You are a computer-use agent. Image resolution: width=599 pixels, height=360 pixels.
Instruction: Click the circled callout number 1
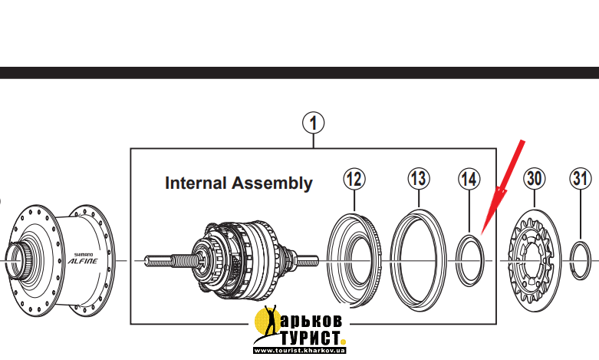[x=314, y=122]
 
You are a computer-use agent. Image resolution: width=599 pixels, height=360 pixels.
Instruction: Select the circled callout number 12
[x=354, y=179]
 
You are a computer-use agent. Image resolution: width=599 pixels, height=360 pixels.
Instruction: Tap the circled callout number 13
[x=418, y=179]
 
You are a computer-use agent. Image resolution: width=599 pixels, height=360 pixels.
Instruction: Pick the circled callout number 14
[x=469, y=179]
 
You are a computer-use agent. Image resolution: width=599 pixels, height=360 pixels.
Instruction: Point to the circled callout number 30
[x=535, y=179]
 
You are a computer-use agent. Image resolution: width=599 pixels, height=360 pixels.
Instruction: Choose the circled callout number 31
[x=581, y=179]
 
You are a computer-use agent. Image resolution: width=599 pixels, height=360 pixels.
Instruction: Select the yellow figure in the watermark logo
[x=269, y=325]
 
